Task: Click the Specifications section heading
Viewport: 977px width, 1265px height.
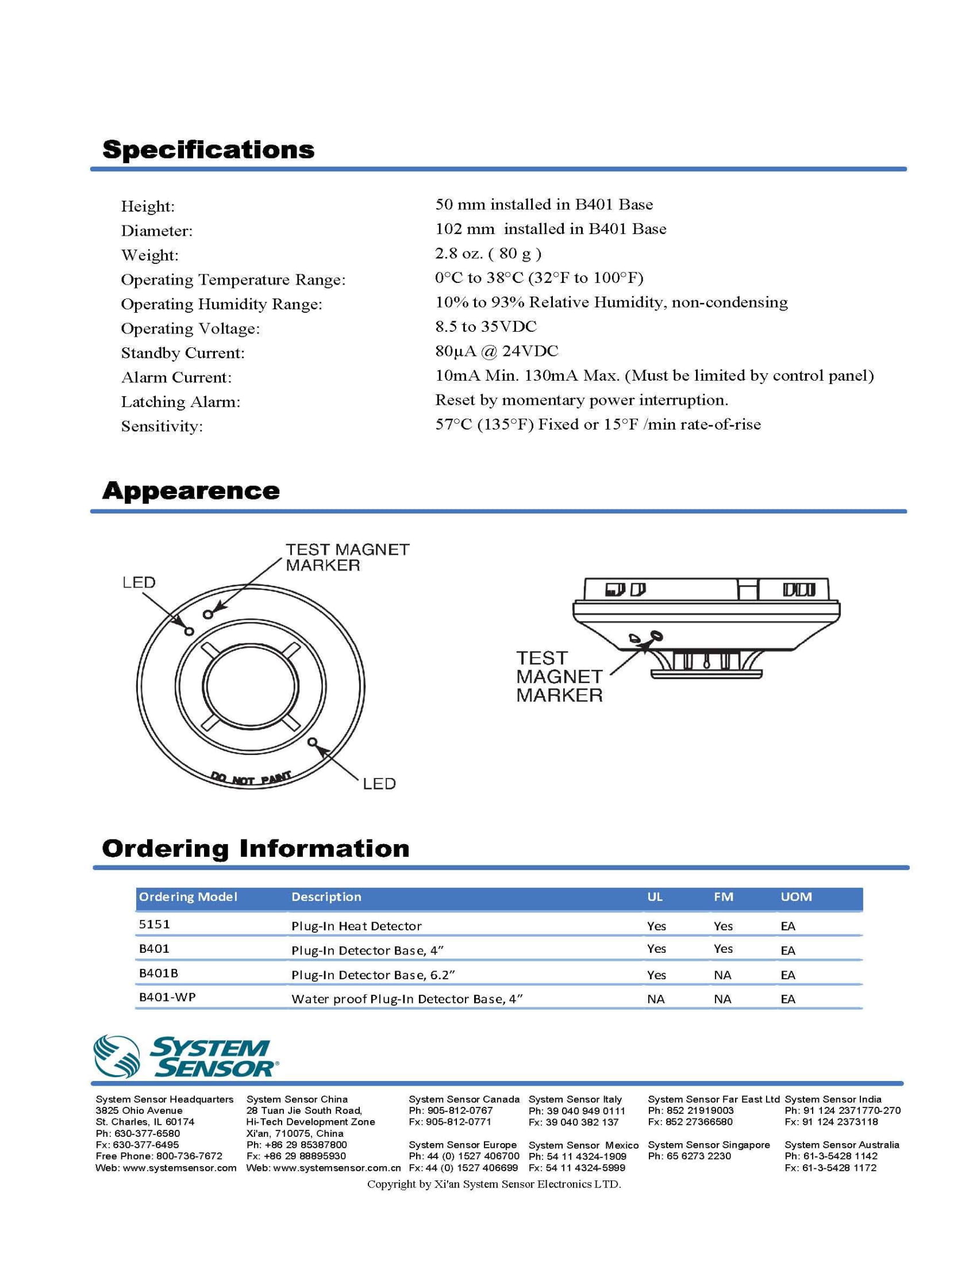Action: [x=208, y=149]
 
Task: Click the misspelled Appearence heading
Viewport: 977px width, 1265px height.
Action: [x=190, y=490]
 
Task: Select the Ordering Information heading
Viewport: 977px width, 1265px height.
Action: [x=255, y=849]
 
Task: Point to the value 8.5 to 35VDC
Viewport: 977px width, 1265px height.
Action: [x=486, y=327]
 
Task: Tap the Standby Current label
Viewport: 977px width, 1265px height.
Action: [x=182, y=352]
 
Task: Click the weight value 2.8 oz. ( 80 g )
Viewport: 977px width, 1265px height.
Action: [x=488, y=254]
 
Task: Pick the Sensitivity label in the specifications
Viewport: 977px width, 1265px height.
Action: [x=161, y=426]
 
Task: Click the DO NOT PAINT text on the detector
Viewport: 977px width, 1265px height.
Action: [x=250, y=778]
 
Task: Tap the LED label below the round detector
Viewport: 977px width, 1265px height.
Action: [x=379, y=784]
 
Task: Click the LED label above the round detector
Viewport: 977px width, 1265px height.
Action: [x=139, y=582]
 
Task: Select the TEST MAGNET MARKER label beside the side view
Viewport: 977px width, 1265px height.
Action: [x=559, y=677]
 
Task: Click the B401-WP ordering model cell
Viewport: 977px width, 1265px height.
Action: [x=167, y=997]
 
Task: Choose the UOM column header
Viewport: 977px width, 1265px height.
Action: [x=796, y=896]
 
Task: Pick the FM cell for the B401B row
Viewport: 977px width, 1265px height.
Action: [x=722, y=975]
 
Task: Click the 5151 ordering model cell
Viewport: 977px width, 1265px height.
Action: [x=154, y=925]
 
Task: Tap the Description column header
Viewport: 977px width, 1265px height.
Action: [x=326, y=896]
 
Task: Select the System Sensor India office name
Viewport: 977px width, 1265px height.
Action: [x=833, y=1099]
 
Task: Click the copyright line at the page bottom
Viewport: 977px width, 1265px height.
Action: [x=494, y=1184]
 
